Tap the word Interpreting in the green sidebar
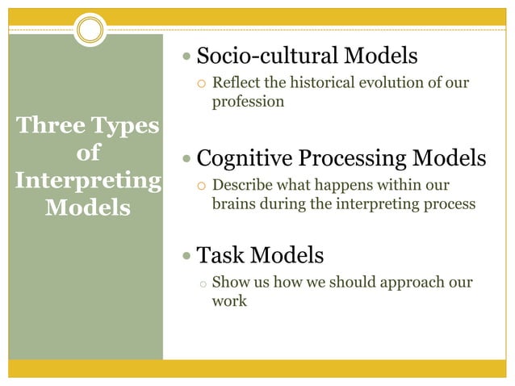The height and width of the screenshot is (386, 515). (x=86, y=180)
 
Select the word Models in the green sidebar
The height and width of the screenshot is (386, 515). (x=87, y=207)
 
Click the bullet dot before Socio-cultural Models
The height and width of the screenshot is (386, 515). (x=188, y=57)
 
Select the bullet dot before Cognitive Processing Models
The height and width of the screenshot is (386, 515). (x=188, y=158)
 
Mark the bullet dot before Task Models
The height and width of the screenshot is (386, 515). (x=188, y=258)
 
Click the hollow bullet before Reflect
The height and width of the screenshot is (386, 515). (x=203, y=84)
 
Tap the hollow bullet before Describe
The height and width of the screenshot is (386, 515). (x=203, y=186)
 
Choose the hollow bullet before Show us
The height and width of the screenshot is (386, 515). (x=203, y=284)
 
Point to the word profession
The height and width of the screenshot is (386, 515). (x=248, y=103)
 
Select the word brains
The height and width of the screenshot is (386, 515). (x=233, y=204)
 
